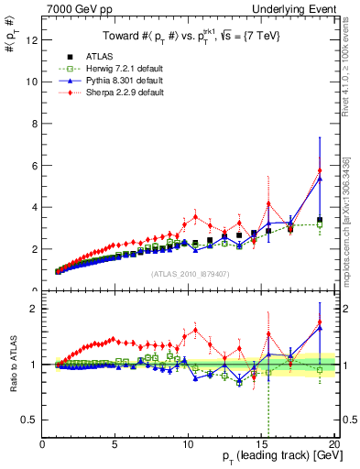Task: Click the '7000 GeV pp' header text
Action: pos(74,8)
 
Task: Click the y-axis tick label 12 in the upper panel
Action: pos(32,39)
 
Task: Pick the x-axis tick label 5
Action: pos(115,444)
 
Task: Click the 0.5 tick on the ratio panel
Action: pos(30,420)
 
